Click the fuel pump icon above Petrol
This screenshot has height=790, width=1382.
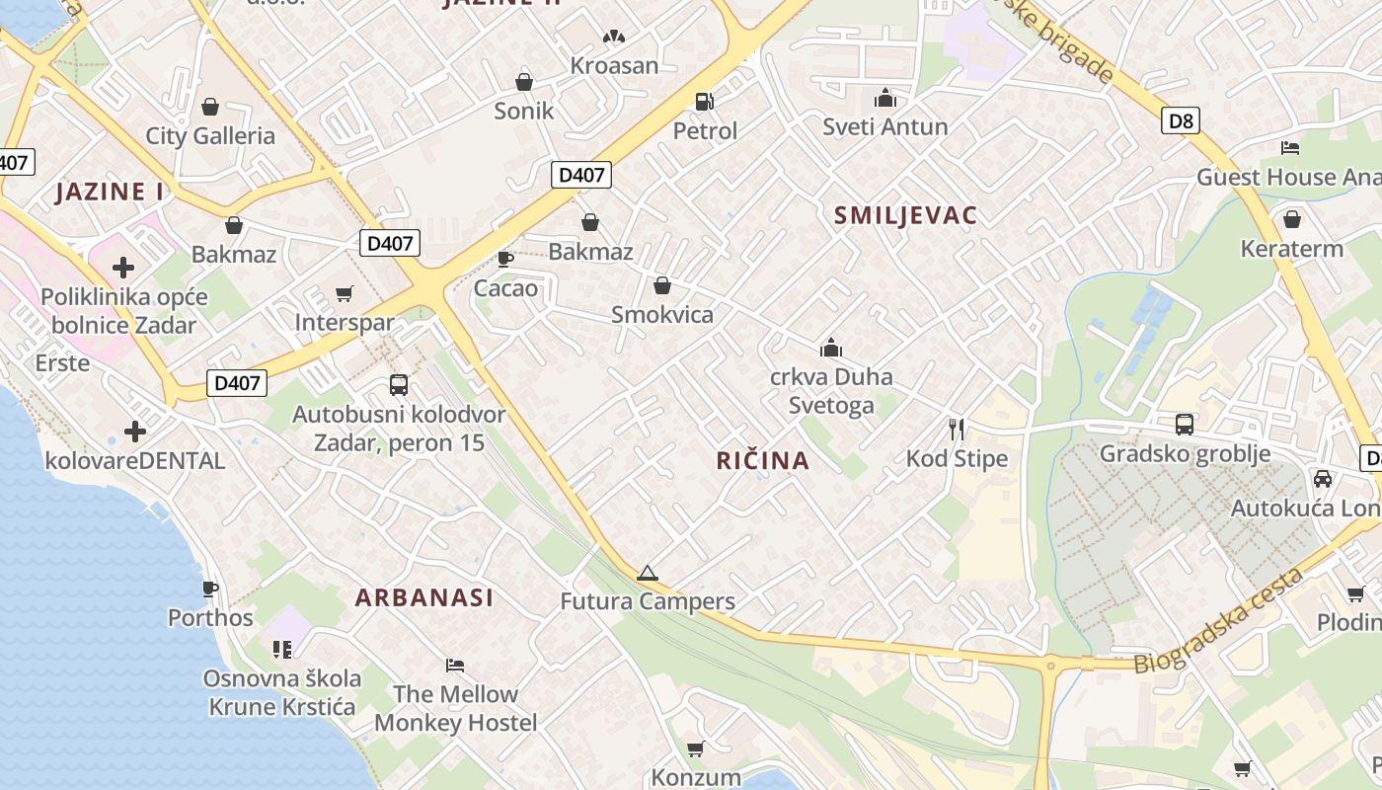705,101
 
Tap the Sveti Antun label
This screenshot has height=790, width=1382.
885,126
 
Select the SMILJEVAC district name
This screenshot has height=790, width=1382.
905,216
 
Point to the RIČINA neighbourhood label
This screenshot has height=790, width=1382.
762,460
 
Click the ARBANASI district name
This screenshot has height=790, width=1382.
424,597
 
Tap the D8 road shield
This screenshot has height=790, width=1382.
1180,121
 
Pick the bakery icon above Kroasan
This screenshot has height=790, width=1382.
614,38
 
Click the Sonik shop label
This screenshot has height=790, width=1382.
524,111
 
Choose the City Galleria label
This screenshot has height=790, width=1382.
210,136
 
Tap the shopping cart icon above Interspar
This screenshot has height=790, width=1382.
345,293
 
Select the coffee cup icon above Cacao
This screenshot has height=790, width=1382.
505,259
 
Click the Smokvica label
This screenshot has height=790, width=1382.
662,315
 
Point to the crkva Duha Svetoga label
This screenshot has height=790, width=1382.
831,391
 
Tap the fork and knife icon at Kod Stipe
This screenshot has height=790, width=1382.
956,429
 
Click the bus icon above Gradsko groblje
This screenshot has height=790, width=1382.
1185,425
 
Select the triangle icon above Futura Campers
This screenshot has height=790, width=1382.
647,573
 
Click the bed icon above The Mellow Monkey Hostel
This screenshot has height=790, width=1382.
455,665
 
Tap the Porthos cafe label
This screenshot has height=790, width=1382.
210,618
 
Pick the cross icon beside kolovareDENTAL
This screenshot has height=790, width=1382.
135,432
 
